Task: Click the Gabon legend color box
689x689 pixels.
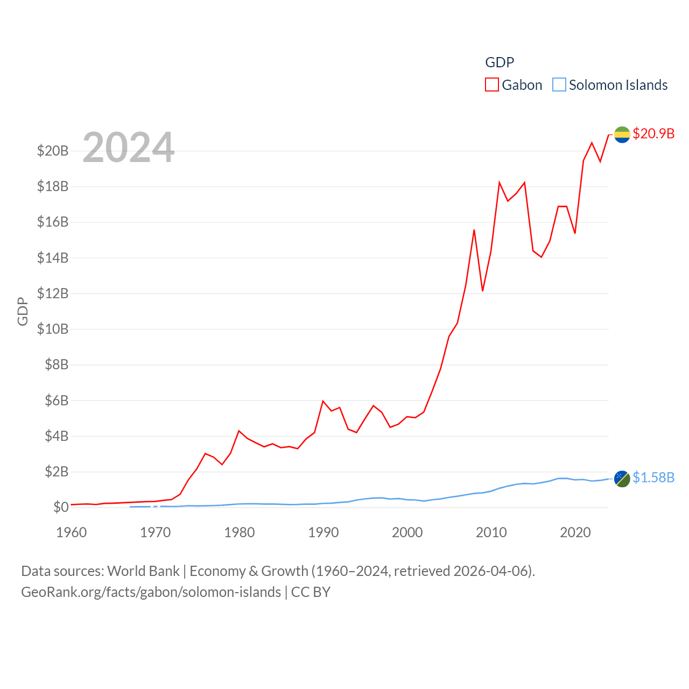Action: [x=492, y=85]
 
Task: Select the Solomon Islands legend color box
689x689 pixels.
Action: [x=559, y=85]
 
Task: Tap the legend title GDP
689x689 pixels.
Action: [x=500, y=62]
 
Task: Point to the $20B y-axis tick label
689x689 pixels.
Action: [x=53, y=151]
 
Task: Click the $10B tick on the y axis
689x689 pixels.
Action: [x=53, y=329]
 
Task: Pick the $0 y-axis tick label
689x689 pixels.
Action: [x=61, y=507]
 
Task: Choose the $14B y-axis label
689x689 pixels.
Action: [x=53, y=258]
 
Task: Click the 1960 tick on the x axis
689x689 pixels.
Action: [x=72, y=532]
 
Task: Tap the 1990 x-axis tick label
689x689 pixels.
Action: [x=324, y=532]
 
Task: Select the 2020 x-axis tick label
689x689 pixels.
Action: [x=575, y=532]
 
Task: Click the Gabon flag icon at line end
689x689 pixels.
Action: [x=622, y=135]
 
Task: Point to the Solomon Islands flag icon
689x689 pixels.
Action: [x=622, y=479]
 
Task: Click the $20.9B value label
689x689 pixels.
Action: [x=653, y=133]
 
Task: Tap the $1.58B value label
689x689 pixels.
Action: [x=653, y=477]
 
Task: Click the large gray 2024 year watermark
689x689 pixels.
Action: [x=128, y=147]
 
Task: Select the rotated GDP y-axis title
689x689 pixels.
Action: [x=23, y=311]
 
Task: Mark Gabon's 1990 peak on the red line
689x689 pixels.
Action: [x=323, y=401]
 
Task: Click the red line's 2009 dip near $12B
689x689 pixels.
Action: [x=483, y=291]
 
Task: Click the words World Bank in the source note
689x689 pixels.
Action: [x=143, y=571]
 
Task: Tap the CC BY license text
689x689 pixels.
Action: [x=311, y=592]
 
